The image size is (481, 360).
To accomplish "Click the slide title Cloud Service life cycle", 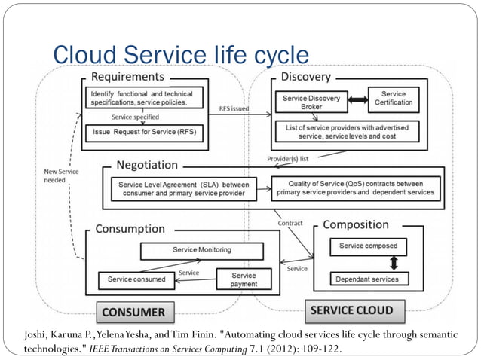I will [x=180, y=55].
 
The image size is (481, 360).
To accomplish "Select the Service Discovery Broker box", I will [x=311, y=103].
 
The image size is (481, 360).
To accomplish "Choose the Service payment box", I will [x=244, y=279].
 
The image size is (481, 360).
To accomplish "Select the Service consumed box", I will [x=136, y=280].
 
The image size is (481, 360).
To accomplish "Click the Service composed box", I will [x=369, y=246].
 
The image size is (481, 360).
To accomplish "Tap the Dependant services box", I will [x=369, y=279].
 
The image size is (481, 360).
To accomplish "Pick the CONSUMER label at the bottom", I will [x=133, y=311].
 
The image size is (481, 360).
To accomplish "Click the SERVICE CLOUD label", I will [x=351, y=310].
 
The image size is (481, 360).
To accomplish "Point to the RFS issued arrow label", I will [x=234, y=109].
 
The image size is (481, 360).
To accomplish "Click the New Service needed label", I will [x=59, y=176].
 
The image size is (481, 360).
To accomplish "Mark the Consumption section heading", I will [x=130, y=228].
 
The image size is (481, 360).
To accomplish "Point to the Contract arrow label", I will [x=290, y=223].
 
